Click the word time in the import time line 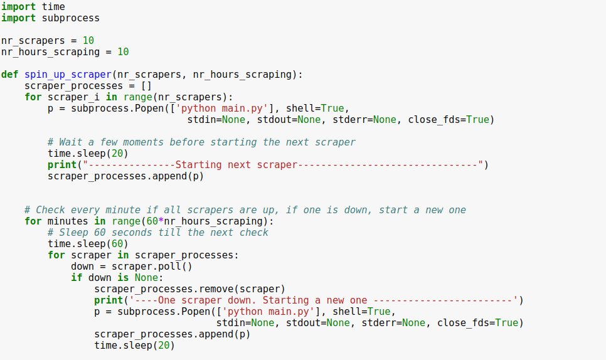[x=53, y=6]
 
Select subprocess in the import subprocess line [x=70, y=18]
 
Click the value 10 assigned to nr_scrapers [x=88, y=40]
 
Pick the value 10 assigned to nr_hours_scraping [x=123, y=51]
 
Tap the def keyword [x=9, y=74]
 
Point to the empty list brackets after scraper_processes [x=146, y=85]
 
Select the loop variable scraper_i [x=73, y=97]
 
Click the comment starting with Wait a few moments [x=201, y=142]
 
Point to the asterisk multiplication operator [x=161, y=221]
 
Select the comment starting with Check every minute [x=245, y=209]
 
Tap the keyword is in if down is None [x=123, y=277]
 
